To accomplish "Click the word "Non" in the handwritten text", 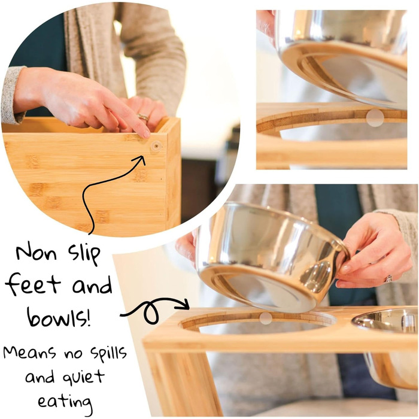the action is pos(37,253).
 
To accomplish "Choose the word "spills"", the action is pos(108,353).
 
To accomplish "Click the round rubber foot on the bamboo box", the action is pos(156,146).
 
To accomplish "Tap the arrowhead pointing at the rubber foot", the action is pos(141,159).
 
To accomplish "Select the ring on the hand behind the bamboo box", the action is pos(143,117).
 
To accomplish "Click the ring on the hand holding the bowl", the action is pos(388,279).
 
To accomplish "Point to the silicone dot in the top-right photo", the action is pos(375,118).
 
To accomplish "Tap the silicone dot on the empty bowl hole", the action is pos(266,318).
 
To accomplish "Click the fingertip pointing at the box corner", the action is pos(146,134).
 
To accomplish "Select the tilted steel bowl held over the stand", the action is pos(272,257).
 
